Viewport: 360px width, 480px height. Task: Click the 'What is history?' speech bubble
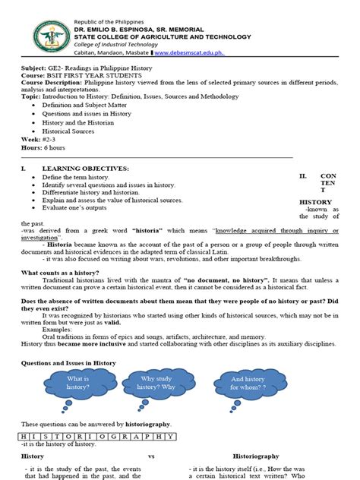click(77, 383)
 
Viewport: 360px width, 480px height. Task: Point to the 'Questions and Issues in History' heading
click(68, 364)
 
